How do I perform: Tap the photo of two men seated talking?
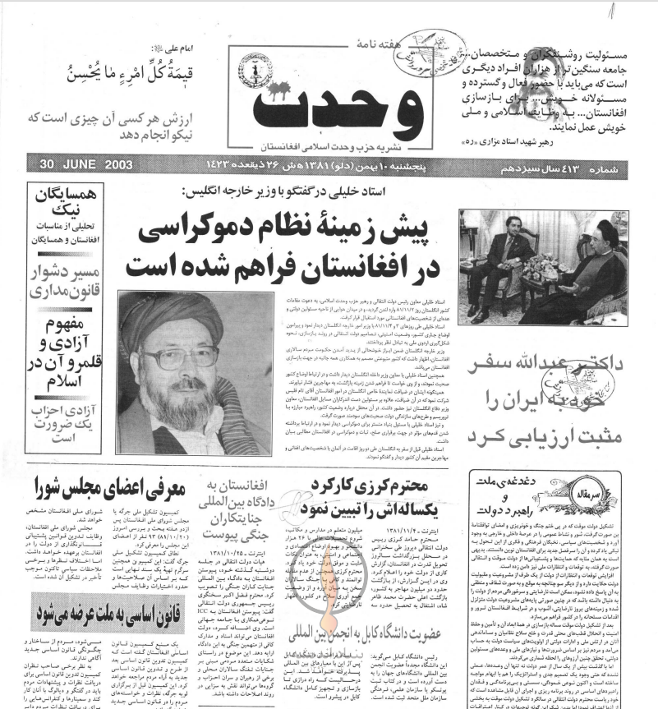pos(543,266)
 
